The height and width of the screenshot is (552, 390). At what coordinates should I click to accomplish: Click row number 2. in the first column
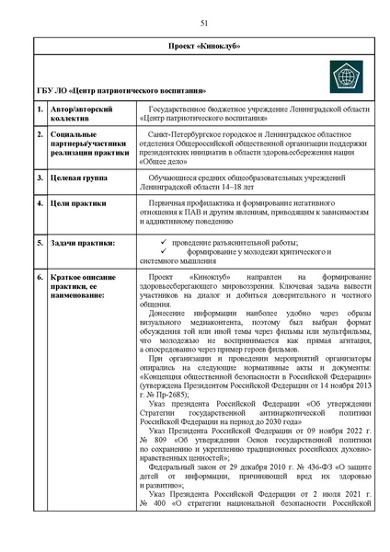pos(40,135)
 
